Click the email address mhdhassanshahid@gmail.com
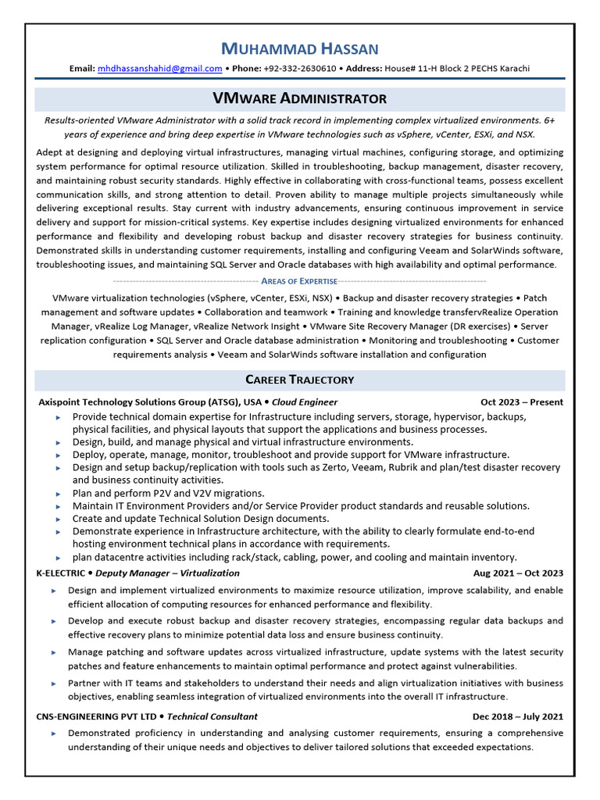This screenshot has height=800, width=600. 159,68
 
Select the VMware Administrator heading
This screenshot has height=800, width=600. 300,98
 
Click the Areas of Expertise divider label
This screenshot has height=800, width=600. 300,280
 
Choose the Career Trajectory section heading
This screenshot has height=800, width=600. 300,380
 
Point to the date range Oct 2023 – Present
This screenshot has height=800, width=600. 522,402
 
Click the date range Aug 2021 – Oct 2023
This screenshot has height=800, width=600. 518,573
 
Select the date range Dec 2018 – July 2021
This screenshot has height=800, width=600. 518,716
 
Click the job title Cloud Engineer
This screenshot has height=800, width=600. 305,402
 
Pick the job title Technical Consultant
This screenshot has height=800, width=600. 212,716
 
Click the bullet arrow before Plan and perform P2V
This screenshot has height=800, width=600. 59,494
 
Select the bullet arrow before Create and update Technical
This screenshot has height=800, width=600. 59,519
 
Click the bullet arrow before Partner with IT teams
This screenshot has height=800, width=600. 54,684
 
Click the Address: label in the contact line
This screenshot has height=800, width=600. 364,68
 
